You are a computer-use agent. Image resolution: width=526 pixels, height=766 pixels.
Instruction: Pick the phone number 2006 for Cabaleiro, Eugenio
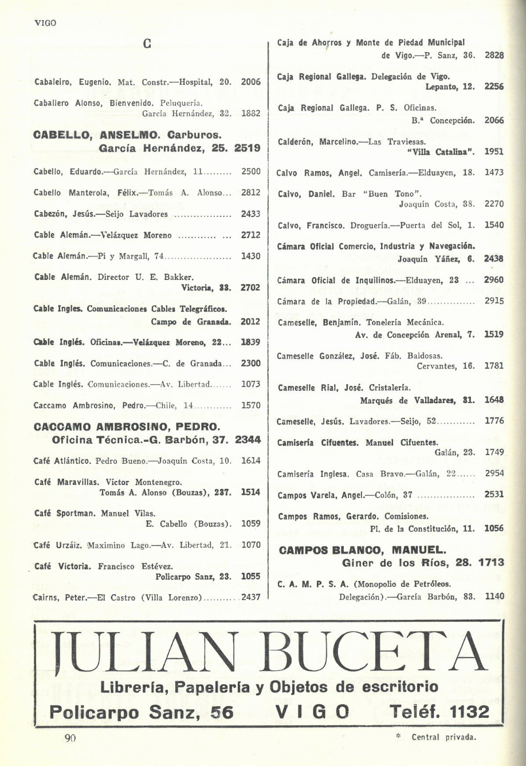[251, 82]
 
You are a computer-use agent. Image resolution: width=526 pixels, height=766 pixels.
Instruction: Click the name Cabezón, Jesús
[58, 214]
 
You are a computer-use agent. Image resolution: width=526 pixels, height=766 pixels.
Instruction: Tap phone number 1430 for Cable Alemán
[251, 256]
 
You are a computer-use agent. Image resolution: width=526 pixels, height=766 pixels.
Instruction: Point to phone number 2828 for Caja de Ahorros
[494, 56]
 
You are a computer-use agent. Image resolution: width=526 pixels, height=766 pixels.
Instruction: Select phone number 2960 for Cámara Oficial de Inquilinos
[494, 281]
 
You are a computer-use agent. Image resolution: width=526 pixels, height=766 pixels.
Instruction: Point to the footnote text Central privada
[443, 737]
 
